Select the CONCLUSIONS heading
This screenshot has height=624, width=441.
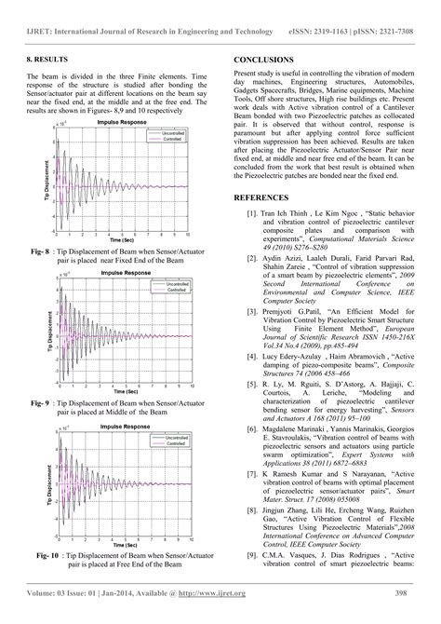[x=265, y=58]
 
